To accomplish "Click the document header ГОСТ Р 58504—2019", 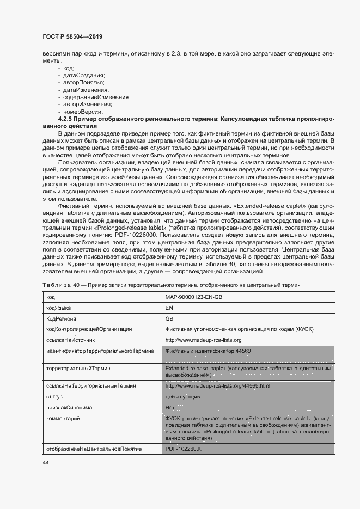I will point(72,36).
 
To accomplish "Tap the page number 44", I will point(45,462).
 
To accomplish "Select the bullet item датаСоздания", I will point(84,75).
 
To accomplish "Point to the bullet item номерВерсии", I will point(82,111).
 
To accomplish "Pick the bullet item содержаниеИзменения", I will point(96,97).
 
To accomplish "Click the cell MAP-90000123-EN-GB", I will point(194,297).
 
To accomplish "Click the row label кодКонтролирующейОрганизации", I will point(89,329).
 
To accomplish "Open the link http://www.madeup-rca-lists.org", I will point(203,340).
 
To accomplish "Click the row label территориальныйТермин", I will point(78,369).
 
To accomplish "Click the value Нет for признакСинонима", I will point(169,407).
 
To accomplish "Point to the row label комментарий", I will point(64,418).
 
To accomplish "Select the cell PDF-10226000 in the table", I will point(184,449).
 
